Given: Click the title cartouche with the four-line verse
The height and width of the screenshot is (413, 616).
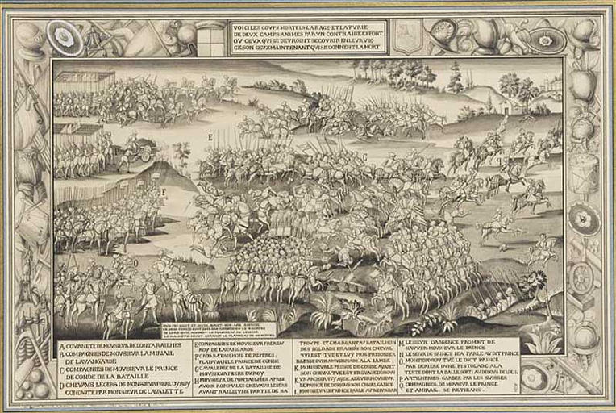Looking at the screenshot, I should [318, 37].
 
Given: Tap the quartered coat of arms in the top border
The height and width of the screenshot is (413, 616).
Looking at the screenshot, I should [208, 37].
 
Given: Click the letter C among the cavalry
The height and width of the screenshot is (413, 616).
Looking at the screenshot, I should [364, 156].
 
